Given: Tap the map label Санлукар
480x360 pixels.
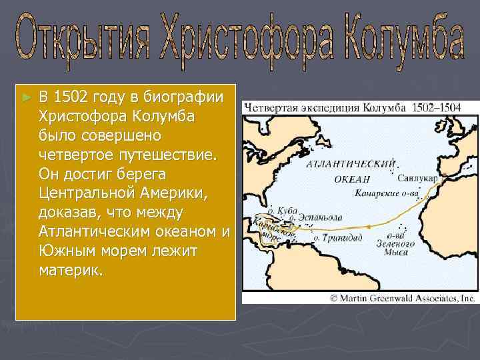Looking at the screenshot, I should pyautogui.click(x=417, y=179).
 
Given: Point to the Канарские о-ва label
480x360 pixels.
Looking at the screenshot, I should pyautogui.click(x=387, y=195).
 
